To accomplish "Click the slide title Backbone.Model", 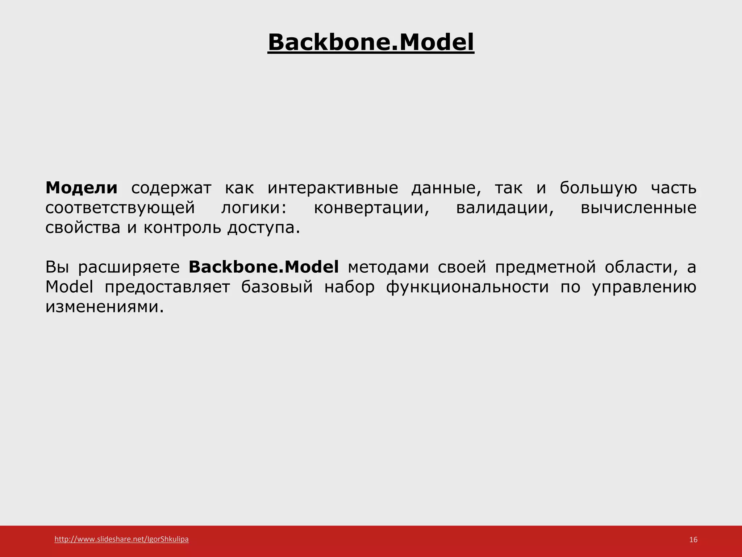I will point(371,42).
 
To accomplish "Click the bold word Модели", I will point(82,188).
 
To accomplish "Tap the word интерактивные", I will point(333,188).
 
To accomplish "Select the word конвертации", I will point(371,208).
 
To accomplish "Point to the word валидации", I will point(505,208).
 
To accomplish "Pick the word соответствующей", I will point(120,208).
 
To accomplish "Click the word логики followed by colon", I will point(254,208).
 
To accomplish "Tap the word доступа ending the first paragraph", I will point(263,228).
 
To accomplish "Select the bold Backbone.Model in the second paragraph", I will point(264,267).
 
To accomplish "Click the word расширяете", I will point(129,267).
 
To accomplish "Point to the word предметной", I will point(545,267).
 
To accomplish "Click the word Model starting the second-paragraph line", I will point(69,287).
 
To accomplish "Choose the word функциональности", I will point(467,287).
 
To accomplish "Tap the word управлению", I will point(644,287).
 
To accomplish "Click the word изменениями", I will point(104,307).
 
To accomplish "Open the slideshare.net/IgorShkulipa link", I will point(121,539).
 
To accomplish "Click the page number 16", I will point(693,540).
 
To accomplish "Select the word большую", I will point(598,188).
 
